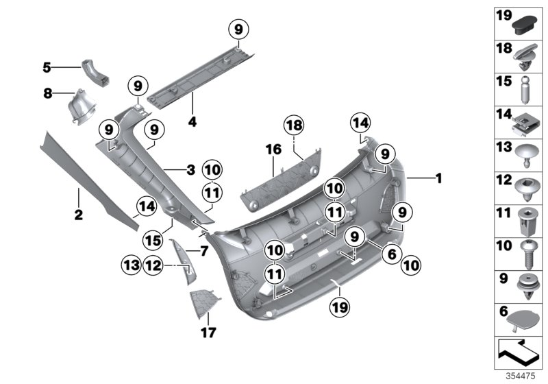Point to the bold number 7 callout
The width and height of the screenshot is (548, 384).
[x=204, y=251]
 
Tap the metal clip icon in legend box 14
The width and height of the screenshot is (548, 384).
[x=526, y=124]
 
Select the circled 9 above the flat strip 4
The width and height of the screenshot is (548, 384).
[x=238, y=29]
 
